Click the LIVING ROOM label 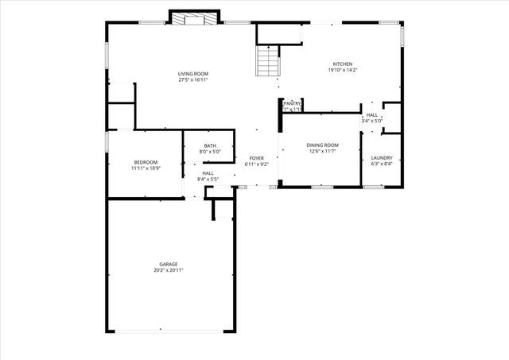point(194,74)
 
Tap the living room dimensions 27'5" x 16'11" point(194,80)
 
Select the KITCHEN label point(342,64)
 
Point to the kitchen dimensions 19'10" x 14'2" point(342,70)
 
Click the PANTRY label point(292,103)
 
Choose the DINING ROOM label point(323,145)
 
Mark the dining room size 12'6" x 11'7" point(323,151)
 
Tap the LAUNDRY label point(382,157)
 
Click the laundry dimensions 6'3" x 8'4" point(382,164)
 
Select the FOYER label point(256,158)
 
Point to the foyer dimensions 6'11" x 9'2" point(256,165)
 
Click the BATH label point(209,145)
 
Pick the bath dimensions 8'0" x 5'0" point(209,152)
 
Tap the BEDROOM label point(146,162)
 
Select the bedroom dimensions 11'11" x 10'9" point(146,168)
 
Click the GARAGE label point(168,264)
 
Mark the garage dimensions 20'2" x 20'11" point(168,270)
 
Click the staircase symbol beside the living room point(267,60)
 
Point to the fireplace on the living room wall point(194,17)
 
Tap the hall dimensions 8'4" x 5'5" point(208,180)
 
